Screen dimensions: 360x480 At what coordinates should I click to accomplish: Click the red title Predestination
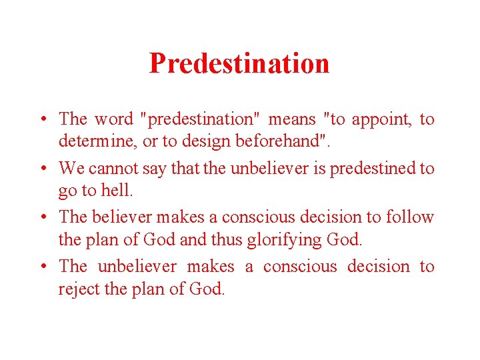(239, 63)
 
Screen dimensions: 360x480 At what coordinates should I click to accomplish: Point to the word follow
(410, 217)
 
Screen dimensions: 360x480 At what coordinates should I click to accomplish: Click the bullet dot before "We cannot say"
(43, 169)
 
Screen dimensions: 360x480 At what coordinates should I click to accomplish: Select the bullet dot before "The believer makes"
(43, 218)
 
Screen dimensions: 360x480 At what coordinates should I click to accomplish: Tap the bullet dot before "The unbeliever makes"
(43, 267)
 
